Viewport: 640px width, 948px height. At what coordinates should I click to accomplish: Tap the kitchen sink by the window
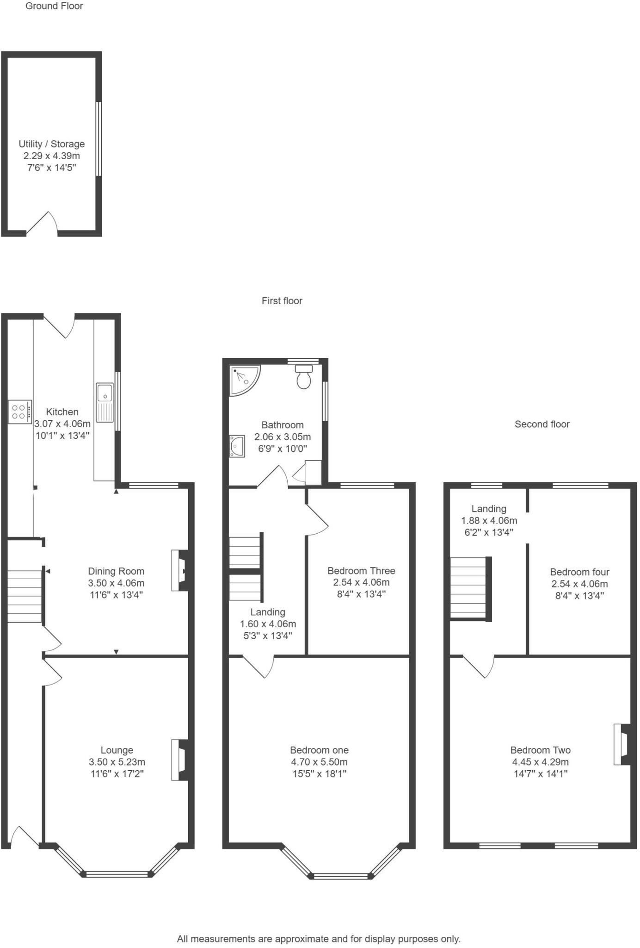pos(105,402)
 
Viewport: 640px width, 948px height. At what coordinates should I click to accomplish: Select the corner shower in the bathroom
pos(244,379)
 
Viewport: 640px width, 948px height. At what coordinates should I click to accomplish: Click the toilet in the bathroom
pos(304,377)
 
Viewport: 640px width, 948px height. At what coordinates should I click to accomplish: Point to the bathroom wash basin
pos(237,446)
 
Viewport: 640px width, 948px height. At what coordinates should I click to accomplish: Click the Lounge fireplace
pos(179,760)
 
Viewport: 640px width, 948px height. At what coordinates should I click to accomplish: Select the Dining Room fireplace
pos(179,570)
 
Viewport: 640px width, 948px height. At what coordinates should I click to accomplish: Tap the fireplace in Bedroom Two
pos(622,744)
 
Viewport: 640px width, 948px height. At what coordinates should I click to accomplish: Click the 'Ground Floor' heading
pos(54,6)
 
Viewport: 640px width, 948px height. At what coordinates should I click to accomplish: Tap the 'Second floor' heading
pos(542,424)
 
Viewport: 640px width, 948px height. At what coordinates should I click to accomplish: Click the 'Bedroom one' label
pos(319,750)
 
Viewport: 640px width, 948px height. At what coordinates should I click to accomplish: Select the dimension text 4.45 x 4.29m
pos(540,762)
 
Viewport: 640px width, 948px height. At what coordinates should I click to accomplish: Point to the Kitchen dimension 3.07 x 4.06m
pos(62,424)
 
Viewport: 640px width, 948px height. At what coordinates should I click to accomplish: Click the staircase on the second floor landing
pos(469,588)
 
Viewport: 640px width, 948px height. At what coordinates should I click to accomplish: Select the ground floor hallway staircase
pos(25,596)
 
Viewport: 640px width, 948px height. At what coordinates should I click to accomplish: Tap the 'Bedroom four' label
pos(579,572)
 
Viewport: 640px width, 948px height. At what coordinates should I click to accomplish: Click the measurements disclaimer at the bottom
pos(319,939)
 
